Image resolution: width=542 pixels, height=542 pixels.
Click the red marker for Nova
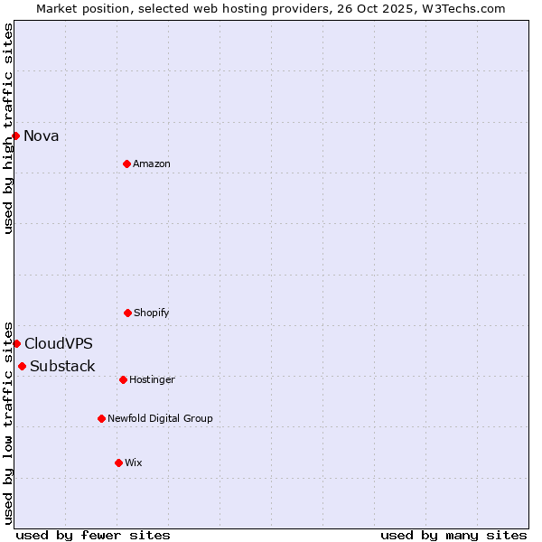16,135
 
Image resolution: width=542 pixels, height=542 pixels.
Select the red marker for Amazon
126,164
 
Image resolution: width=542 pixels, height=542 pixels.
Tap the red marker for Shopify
127,313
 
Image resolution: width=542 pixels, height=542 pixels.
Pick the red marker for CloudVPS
16,343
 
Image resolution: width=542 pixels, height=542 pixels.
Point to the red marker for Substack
22,366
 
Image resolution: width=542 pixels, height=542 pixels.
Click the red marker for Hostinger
123,379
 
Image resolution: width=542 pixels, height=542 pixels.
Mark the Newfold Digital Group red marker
101,418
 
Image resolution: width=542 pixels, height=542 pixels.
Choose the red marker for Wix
118,463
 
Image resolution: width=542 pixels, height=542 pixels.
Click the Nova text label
42,136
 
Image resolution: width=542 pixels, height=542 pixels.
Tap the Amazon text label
152,164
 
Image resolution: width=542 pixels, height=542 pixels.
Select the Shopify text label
152,313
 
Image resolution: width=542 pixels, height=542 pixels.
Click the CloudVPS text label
59,344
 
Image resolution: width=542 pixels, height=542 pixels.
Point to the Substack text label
62,367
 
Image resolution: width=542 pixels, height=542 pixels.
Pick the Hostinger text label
152,380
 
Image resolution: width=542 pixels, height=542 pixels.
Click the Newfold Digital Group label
160,419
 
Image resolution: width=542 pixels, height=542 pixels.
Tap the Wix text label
134,463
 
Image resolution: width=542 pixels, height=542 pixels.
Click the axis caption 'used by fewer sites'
93,536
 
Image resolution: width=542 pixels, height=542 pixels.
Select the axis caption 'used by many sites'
453,536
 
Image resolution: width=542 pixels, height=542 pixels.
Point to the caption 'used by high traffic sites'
8,128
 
